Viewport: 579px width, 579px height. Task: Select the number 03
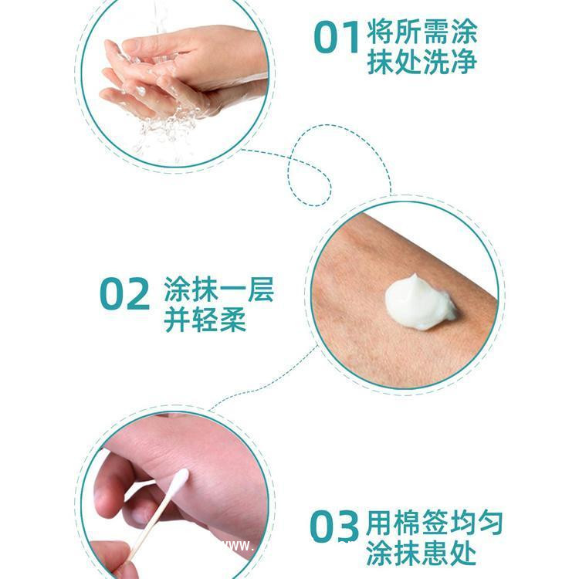tap(334, 527)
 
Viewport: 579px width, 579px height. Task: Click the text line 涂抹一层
tap(218, 291)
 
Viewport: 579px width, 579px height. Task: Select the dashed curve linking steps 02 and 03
tap(255, 390)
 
